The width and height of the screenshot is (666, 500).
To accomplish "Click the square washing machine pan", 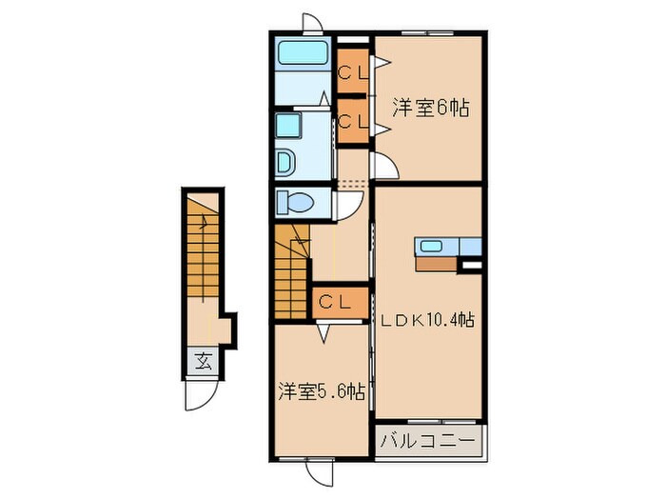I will click(x=288, y=126).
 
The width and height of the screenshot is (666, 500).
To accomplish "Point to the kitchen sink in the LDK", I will click(x=431, y=247).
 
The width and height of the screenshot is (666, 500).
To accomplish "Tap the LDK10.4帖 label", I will click(x=427, y=321).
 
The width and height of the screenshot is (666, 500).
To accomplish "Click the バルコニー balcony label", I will click(x=428, y=441).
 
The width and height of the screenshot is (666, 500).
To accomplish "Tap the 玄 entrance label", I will click(x=203, y=361).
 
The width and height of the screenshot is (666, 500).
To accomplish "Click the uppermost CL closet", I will click(x=354, y=70).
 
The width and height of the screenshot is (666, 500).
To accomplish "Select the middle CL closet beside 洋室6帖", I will click(x=354, y=121).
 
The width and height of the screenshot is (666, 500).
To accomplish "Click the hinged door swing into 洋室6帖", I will click(x=385, y=166).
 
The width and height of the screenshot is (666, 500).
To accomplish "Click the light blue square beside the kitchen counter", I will click(x=471, y=247).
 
